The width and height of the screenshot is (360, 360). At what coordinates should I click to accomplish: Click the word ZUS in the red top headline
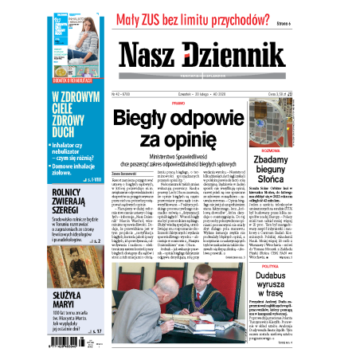(x=178, y=20)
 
